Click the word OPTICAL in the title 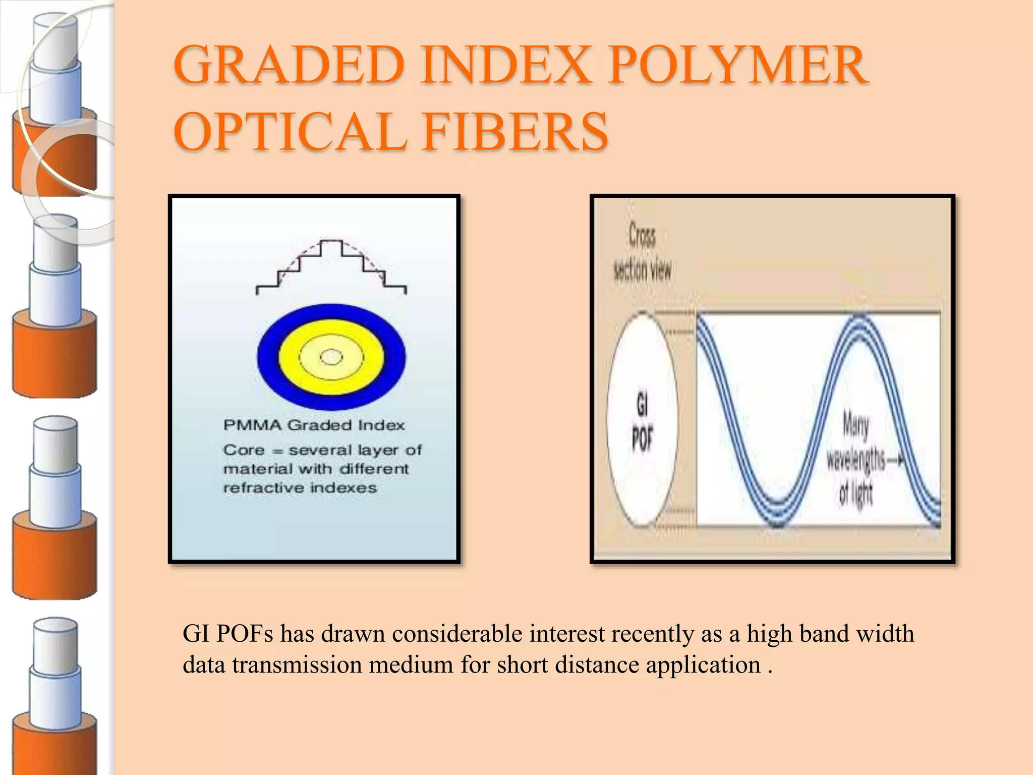tap(291, 132)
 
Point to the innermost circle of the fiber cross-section tap(331, 357)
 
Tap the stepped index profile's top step tap(331, 242)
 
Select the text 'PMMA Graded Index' tap(314, 425)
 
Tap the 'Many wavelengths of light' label tap(856, 459)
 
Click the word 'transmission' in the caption tap(297, 665)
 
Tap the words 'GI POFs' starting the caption tap(227, 634)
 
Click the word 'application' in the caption tap(703, 665)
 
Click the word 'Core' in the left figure tap(244, 450)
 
